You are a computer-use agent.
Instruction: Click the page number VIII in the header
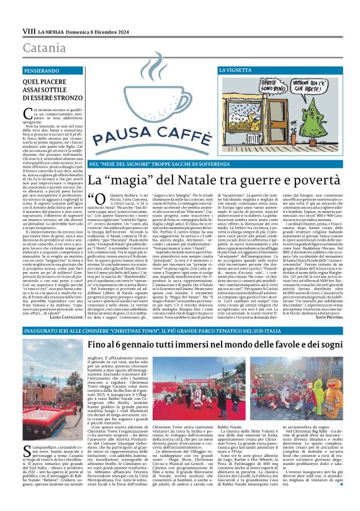tap(29, 30)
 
